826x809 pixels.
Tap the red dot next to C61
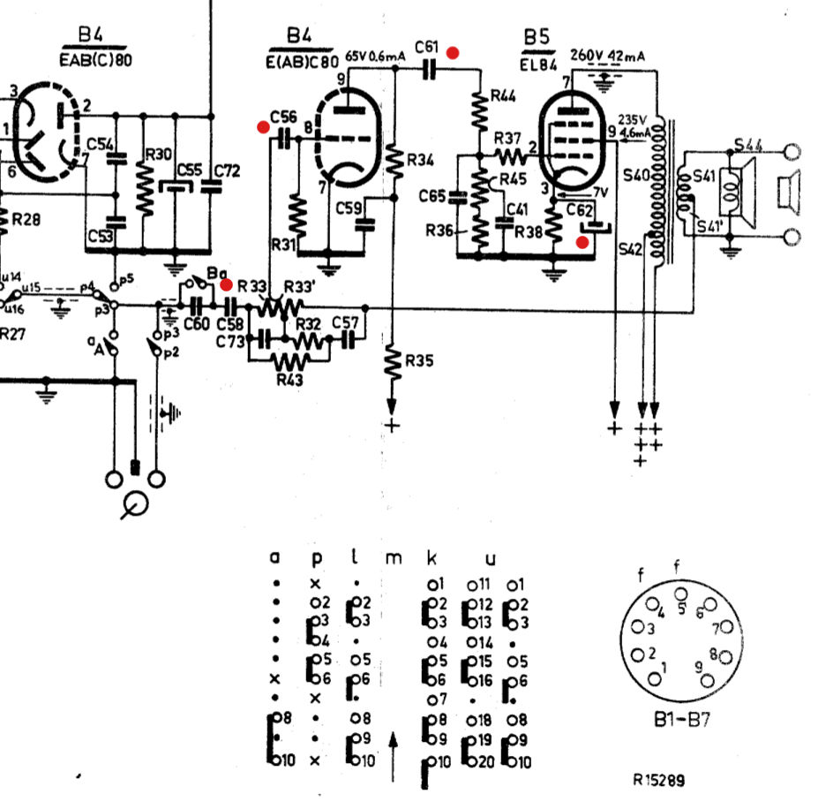pyautogui.click(x=453, y=52)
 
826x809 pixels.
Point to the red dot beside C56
pyautogui.click(x=263, y=127)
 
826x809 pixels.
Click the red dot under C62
pyautogui.click(x=582, y=242)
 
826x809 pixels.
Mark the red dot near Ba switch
pyautogui.click(x=227, y=285)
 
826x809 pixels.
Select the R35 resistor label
pyautogui.click(x=422, y=360)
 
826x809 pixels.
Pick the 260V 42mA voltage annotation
pyautogui.click(x=608, y=56)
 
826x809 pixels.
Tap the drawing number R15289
pyautogui.click(x=658, y=781)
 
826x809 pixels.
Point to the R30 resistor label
pyautogui.click(x=159, y=155)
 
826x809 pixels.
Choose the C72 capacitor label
pyautogui.click(x=227, y=171)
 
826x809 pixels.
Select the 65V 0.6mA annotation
pyautogui.click(x=376, y=56)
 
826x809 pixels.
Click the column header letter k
pyautogui.click(x=433, y=557)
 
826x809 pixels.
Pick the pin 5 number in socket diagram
pyautogui.click(x=681, y=608)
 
